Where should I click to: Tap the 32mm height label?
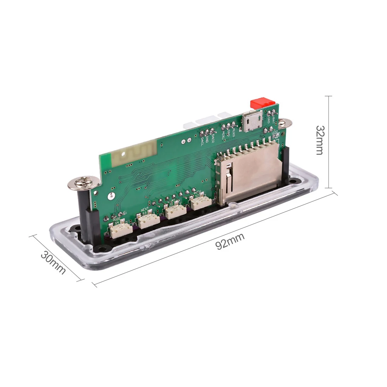[319, 140]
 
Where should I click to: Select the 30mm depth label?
[53, 263]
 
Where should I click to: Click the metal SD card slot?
[247, 174]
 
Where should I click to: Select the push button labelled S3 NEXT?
[148, 221]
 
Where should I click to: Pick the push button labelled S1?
[174, 211]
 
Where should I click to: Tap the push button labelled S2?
[201, 203]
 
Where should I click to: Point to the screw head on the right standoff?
[285, 123]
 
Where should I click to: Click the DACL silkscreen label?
[202, 142]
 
